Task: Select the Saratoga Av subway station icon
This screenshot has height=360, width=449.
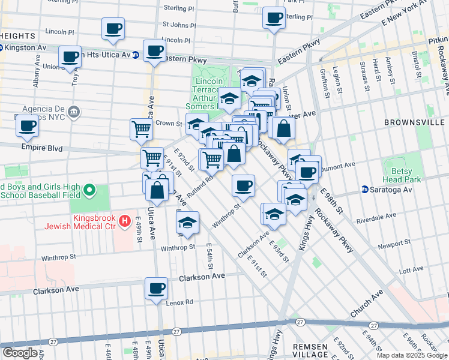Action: [x=365, y=189]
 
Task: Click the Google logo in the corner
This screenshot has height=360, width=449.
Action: [x=20, y=352]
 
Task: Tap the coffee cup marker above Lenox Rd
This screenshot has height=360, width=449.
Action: [x=157, y=288]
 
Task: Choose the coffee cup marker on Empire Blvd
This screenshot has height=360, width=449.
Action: [x=28, y=126]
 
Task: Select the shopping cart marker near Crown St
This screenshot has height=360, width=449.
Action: [x=141, y=128]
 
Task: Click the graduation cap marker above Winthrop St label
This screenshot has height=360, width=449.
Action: [x=188, y=223]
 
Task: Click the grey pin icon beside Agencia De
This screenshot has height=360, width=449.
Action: [x=74, y=112]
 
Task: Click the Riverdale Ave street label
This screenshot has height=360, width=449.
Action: [x=376, y=218]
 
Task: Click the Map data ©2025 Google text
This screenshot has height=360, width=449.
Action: [x=411, y=355]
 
